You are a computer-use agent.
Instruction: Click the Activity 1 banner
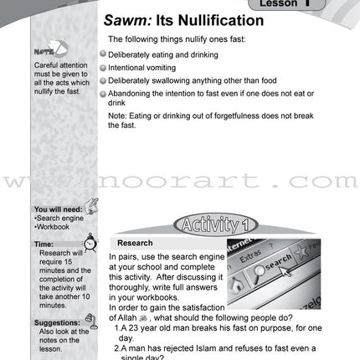tap(215, 225)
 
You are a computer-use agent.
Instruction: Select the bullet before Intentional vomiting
tap(103, 68)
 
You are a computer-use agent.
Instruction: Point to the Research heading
tap(135, 243)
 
